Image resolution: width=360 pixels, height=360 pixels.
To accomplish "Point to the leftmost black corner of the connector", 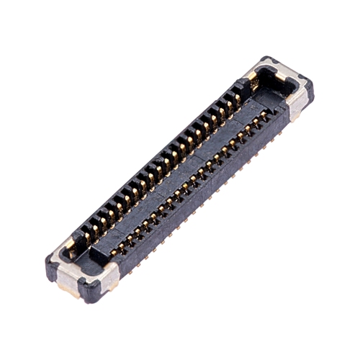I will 49,263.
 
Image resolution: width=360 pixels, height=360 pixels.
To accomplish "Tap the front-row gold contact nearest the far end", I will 264,115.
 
